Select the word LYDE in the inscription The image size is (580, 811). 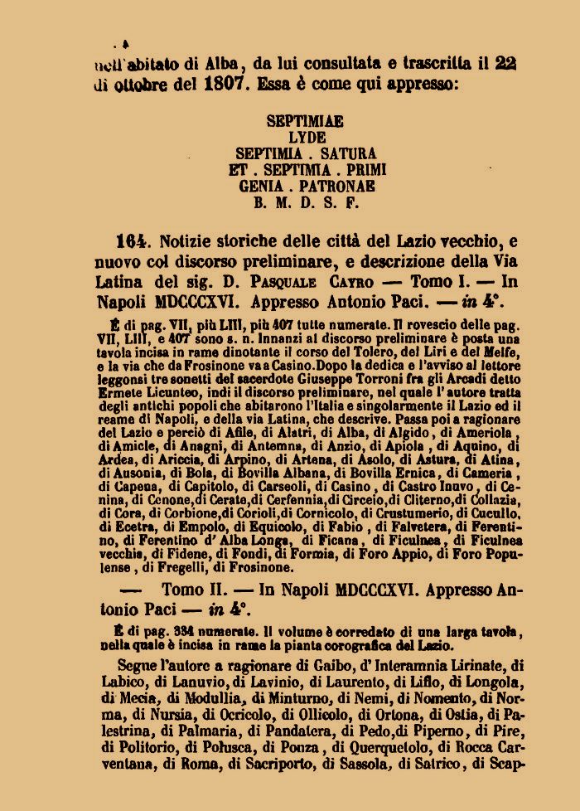(306, 137)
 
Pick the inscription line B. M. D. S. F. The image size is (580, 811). (305, 202)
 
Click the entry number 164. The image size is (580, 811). (132, 242)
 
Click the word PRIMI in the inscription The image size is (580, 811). (355, 170)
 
